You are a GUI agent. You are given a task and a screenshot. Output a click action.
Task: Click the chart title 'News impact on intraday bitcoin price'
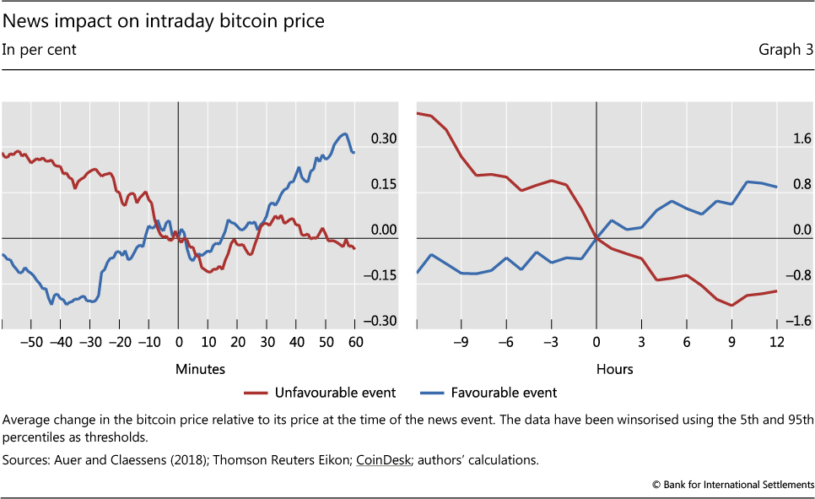(x=164, y=21)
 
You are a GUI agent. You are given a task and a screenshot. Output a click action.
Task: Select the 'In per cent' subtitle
(x=39, y=50)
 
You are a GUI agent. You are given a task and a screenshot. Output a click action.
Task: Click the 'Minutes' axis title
(x=200, y=369)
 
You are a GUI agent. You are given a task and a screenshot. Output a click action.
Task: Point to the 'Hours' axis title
(x=614, y=369)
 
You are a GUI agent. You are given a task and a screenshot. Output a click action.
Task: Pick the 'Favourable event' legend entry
(x=504, y=393)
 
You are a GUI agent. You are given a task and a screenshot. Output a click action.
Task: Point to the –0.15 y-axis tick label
(x=381, y=275)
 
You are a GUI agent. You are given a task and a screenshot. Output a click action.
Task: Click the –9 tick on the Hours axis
(x=460, y=342)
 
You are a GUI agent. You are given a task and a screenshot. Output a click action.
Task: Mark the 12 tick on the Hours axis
(x=777, y=342)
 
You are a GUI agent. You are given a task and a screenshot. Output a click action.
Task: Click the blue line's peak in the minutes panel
(x=344, y=133)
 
